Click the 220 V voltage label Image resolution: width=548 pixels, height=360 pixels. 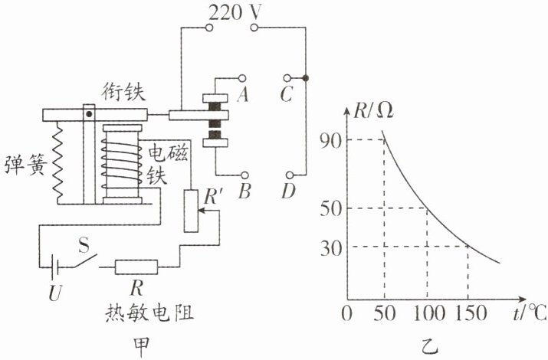tap(235, 12)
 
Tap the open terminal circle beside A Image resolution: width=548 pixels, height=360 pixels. tap(242, 78)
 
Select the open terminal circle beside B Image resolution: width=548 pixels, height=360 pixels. tap(245, 175)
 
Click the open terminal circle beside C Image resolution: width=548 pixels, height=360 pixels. tap(287, 78)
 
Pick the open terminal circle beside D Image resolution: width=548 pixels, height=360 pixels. tap(290, 174)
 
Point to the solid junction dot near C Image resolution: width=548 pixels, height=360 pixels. tap(306, 78)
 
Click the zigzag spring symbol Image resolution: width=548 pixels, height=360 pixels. tap(58, 162)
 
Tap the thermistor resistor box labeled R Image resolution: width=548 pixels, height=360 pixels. tap(136, 267)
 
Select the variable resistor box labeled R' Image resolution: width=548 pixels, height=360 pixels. tap(191, 211)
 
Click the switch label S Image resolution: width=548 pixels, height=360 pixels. tap(84, 245)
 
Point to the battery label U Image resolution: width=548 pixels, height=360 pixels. tap(55, 293)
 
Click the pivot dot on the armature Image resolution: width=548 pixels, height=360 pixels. tap(89, 114)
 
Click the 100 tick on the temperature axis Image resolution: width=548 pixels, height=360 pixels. tap(429, 313)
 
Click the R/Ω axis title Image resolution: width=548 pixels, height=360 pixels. tap(373, 111)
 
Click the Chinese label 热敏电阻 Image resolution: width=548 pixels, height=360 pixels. tap(149, 313)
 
